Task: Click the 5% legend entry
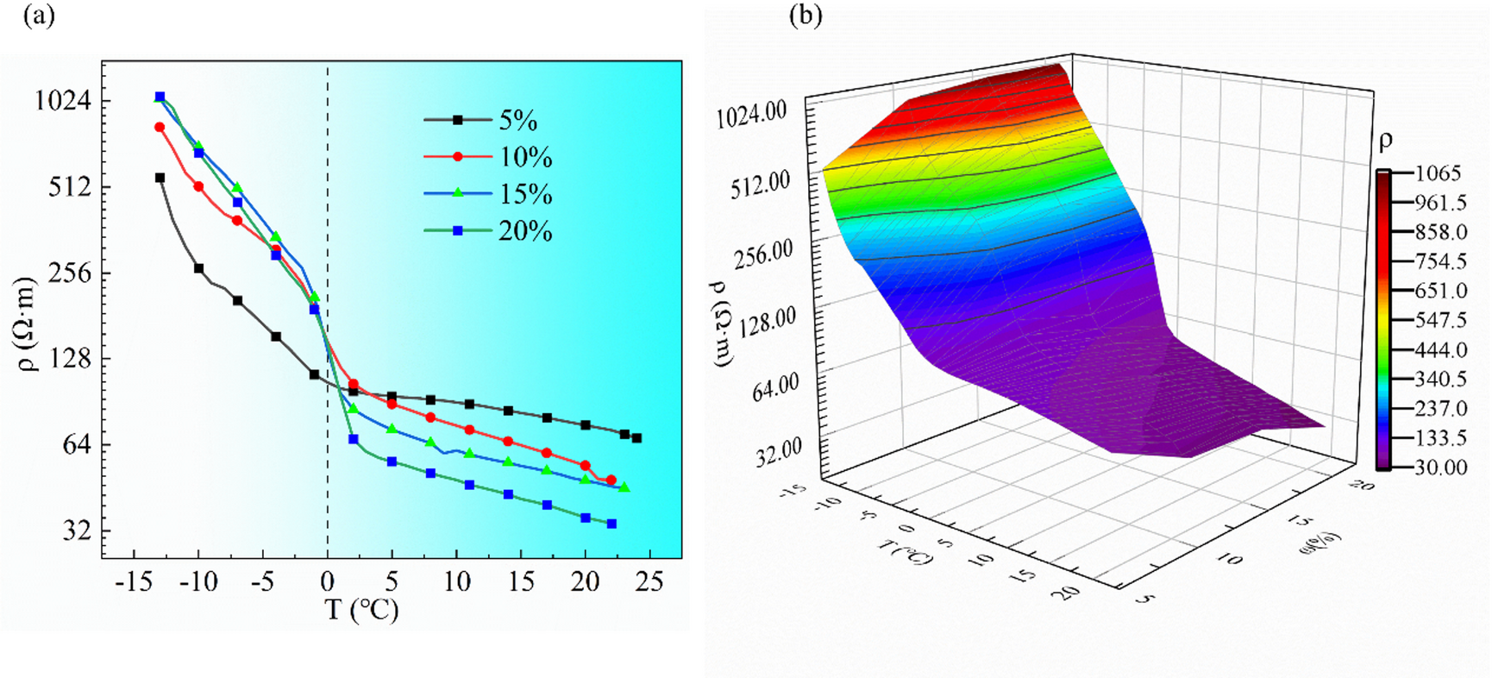[517, 120]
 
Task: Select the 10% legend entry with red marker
[524, 157]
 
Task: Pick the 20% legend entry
[524, 231]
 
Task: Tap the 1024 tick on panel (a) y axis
[62, 101]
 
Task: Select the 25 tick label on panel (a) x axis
[649, 582]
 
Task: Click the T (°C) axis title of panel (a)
[362, 610]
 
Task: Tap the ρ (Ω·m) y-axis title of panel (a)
[28, 323]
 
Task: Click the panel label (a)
[39, 16]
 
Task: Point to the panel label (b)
[806, 16]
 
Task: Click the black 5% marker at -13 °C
[160, 178]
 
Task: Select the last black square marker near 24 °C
[636, 438]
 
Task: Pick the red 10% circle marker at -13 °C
[160, 128]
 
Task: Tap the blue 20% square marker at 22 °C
[611, 524]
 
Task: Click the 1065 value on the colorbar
[1438, 173]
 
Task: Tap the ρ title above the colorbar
[1386, 141]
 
